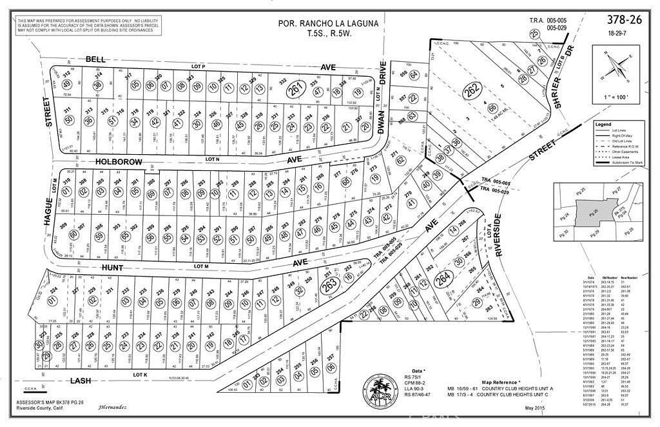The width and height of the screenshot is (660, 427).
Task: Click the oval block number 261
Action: pyautogui.click(x=295, y=91)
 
